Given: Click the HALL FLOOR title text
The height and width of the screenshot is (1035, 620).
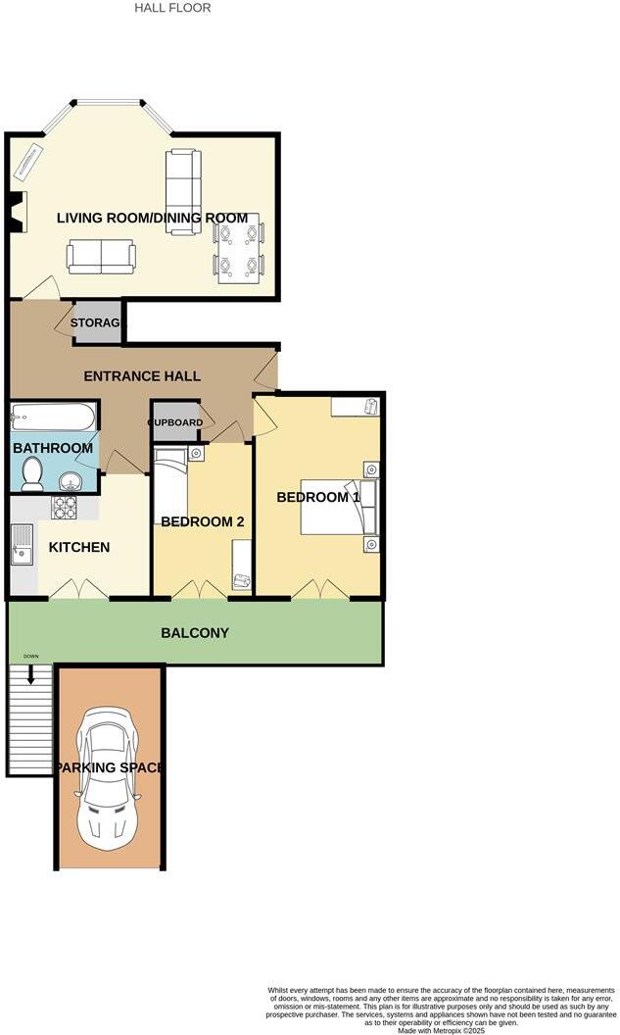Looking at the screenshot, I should pyautogui.click(x=172, y=8).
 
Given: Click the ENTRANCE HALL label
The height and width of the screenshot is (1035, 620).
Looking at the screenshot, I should pyautogui.click(x=142, y=376).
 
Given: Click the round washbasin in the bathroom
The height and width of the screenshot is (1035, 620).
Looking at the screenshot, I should pyautogui.click(x=72, y=481).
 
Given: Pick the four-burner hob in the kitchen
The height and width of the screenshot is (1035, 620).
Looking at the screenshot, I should pyautogui.click(x=65, y=507).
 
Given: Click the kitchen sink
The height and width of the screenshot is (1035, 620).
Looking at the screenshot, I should pyautogui.click(x=21, y=546).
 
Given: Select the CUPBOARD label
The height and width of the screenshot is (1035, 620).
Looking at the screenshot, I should pyautogui.click(x=175, y=422).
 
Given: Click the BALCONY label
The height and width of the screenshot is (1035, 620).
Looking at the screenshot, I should pyautogui.click(x=195, y=633).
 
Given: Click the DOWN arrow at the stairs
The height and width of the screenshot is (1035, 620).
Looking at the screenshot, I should pyautogui.click(x=30, y=674).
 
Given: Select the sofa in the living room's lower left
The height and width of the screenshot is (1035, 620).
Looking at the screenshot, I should pyautogui.click(x=101, y=257).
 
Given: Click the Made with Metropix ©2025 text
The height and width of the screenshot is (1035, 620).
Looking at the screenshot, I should pyautogui.click(x=443, y=1029).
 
